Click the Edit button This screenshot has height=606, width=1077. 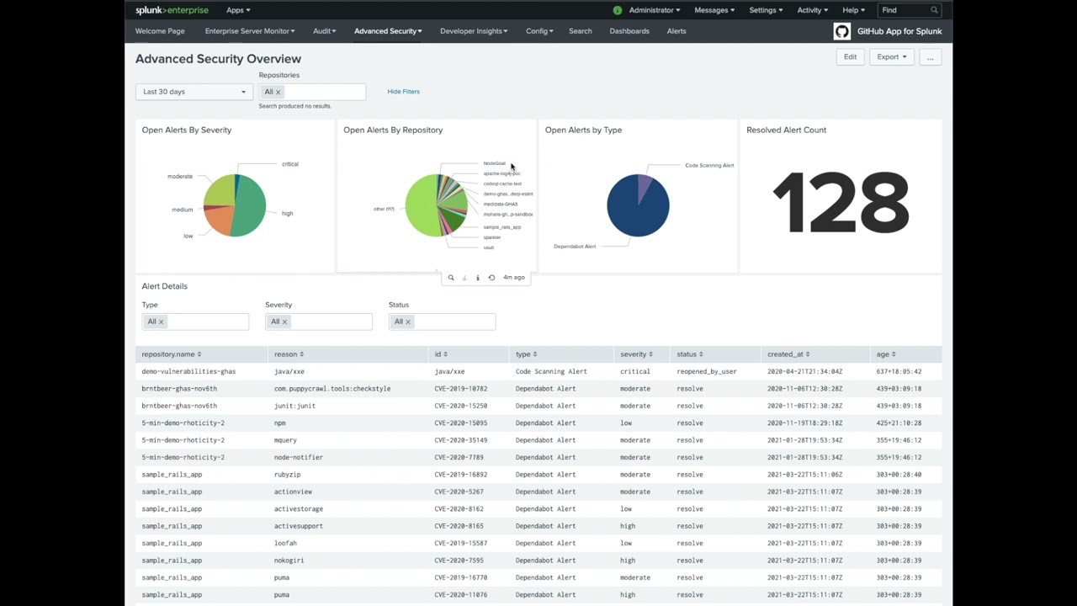coord(850,57)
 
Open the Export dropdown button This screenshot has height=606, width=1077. coord(891,57)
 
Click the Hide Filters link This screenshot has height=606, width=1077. coord(403,92)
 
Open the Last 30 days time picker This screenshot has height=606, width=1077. coord(194,92)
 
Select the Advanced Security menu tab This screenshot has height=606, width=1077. coord(388,31)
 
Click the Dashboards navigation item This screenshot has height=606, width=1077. coord(629,31)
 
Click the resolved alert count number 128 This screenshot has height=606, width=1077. coord(841,203)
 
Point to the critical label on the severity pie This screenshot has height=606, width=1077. coord(289,164)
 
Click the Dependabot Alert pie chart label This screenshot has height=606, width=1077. coord(575,247)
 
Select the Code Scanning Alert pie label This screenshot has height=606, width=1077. coord(709,166)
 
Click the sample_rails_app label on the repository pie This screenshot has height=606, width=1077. coord(501,227)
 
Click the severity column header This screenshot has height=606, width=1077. coord(636,354)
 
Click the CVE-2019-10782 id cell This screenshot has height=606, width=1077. coord(460,389)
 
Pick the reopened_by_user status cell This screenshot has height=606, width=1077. coord(707,371)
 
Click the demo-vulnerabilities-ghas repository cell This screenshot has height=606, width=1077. coord(188,371)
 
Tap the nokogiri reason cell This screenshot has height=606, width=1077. coord(289,561)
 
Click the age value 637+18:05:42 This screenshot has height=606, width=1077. coord(899,371)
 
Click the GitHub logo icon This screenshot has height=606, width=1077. coord(841,31)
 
